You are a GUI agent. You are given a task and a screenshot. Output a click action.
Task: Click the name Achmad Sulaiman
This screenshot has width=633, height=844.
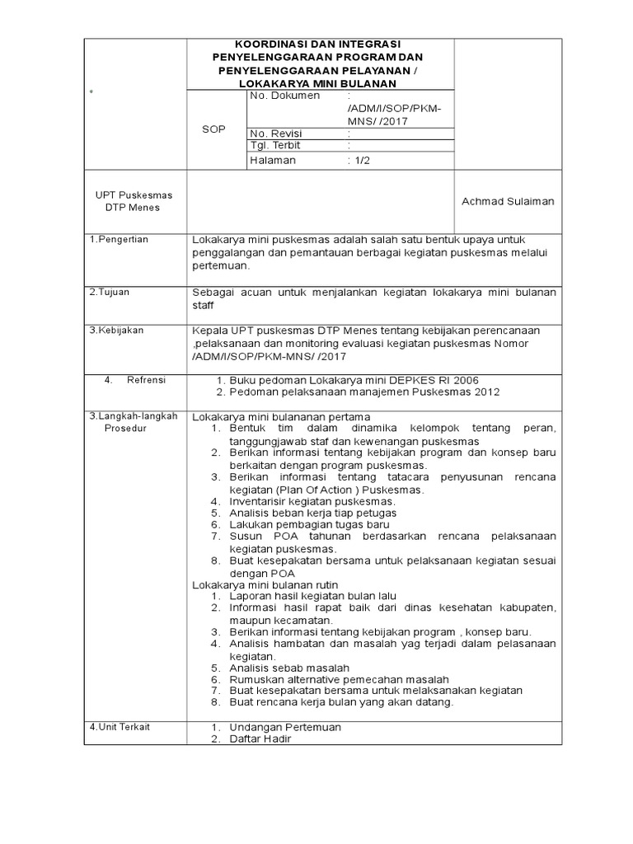pyautogui.click(x=508, y=201)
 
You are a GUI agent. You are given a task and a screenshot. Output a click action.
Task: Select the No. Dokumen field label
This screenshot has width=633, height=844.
pyautogui.click(x=284, y=96)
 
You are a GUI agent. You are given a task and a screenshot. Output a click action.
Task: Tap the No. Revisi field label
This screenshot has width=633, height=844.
pyautogui.click(x=276, y=134)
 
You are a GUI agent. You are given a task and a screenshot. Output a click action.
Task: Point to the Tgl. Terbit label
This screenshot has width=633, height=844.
pyautogui.click(x=275, y=146)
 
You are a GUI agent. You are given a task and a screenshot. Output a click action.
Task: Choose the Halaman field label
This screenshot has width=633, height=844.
pyautogui.click(x=272, y=161)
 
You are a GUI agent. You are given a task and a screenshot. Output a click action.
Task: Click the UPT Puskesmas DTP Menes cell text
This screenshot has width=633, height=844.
pyautogui.click(x=134, y=201)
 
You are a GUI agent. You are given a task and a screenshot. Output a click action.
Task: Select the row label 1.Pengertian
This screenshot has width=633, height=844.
pyautogui.click(x=119, y=239)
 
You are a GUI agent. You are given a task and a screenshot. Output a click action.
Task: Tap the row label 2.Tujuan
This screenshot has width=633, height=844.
pyautogui.click(x=110, y=292)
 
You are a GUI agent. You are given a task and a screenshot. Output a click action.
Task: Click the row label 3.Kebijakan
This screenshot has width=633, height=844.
pyautogui.click(x=116, y=330)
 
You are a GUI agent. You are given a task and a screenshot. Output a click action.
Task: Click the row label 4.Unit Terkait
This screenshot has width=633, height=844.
pyautogui.click(x=120, y=727)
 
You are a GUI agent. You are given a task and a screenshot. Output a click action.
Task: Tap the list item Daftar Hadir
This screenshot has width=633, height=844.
pyautogui.click(x=260, y=739)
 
